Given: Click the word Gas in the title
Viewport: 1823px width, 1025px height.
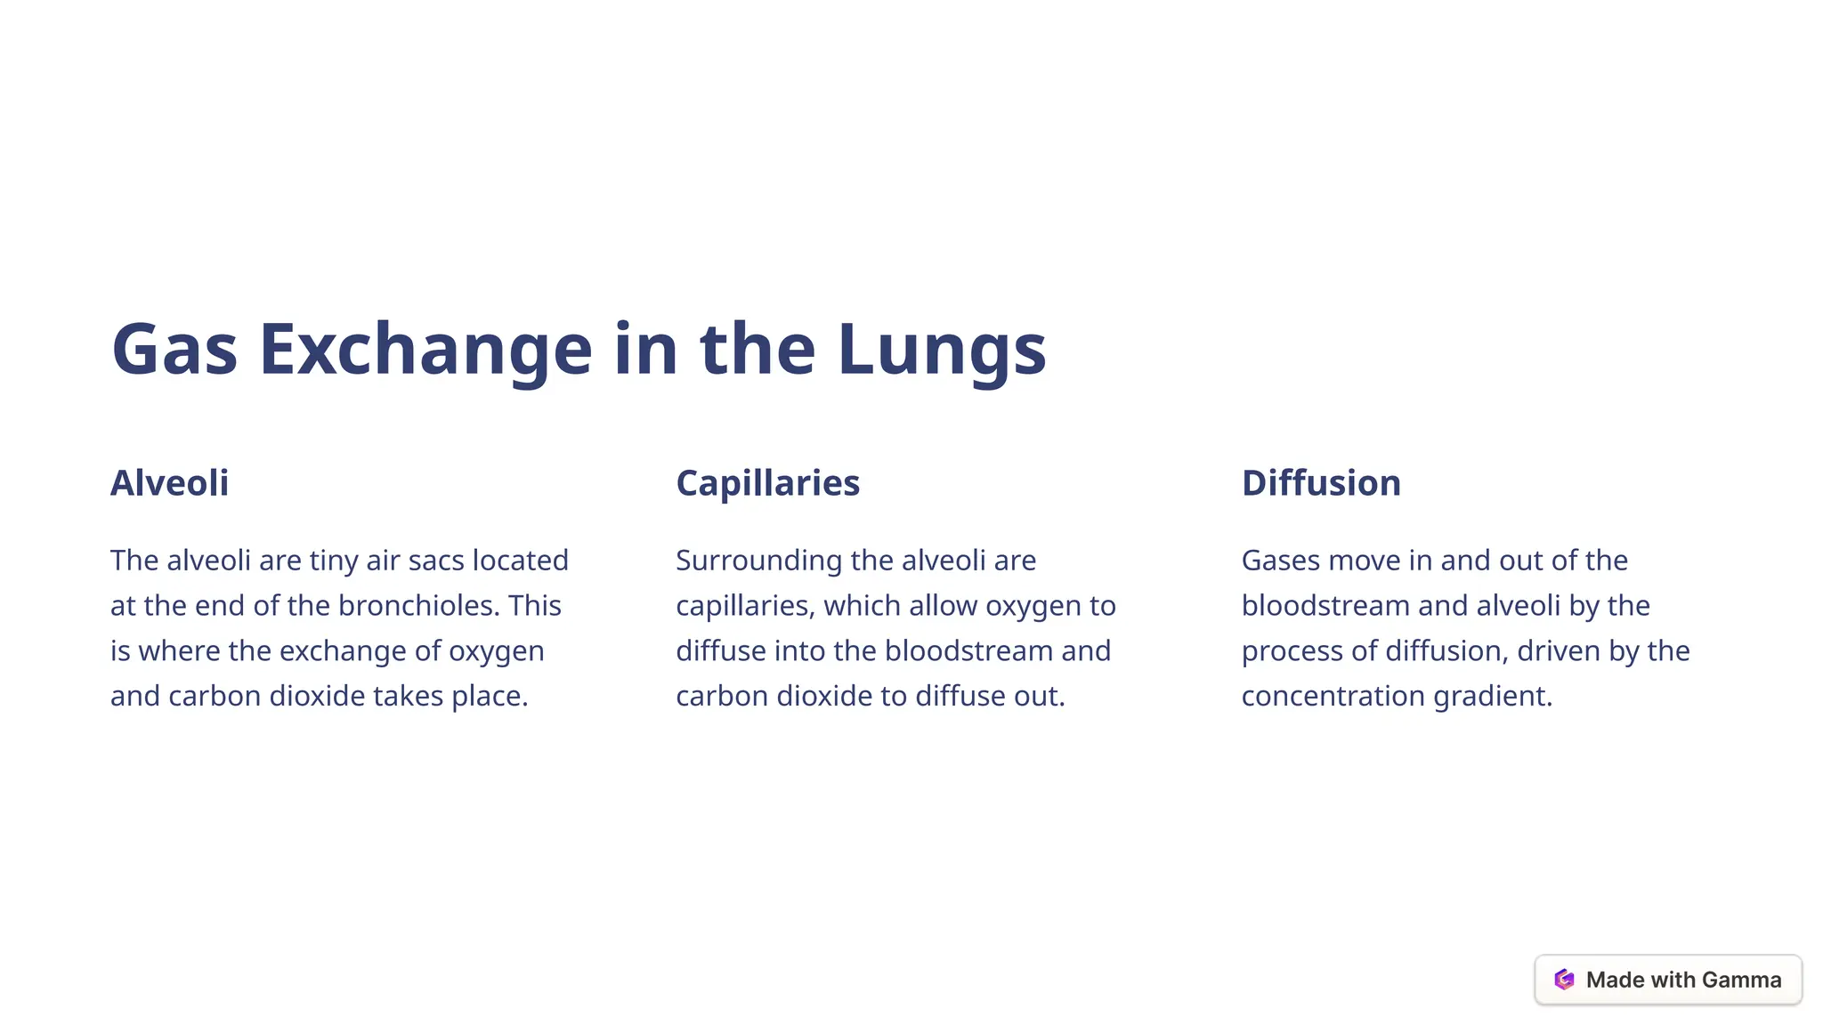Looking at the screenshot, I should pos(174,349).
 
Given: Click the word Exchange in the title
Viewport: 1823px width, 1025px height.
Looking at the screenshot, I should pos(425,349).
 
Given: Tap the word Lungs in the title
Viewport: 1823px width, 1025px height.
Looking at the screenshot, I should pos(941,349).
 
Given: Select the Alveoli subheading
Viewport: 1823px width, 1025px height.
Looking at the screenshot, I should pos(169,483).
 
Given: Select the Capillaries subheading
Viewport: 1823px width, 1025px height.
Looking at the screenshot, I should pos(767,483).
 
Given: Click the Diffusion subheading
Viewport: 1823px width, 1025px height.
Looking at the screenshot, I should pos(1321,483).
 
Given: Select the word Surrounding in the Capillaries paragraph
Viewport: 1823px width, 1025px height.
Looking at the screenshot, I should pos(758,561).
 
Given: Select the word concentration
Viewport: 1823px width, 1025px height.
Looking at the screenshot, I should pos(1333,696).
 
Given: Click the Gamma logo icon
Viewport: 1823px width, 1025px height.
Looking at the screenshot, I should pos(1564,980).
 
